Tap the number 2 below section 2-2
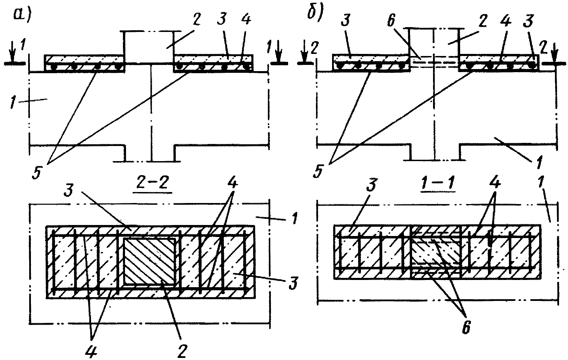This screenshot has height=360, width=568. coord(182,351)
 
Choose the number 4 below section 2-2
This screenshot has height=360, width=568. coord(91,350)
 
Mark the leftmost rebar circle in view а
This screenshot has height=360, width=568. coord(53,67)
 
